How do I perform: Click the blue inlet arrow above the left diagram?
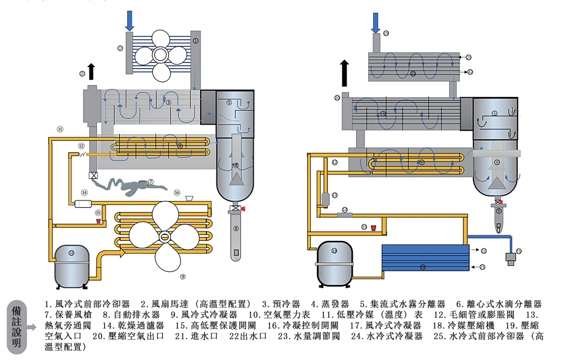pos(130,20)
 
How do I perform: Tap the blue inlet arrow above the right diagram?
pos(375,22)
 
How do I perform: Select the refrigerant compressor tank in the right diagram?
pos(334,261)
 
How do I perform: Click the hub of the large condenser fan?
pos(164,236)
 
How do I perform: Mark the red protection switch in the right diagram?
pos(373,227)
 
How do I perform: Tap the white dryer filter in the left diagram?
pos(82,204)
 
